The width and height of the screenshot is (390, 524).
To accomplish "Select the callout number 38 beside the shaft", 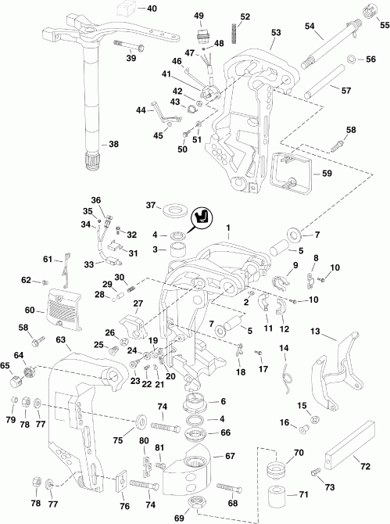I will tap(113, 144).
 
